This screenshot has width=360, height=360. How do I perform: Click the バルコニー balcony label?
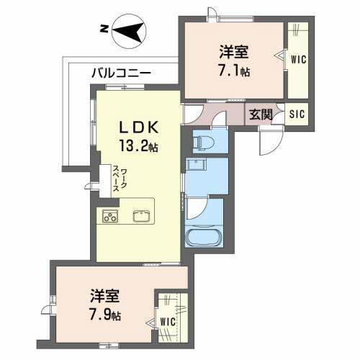[121, 73]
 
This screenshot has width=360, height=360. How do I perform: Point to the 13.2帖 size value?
[139, 144]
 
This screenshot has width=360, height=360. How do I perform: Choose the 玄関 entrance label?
[261, 114]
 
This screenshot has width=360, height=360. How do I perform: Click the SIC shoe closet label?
[297, 114]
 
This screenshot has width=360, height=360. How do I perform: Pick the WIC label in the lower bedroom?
[167, 320]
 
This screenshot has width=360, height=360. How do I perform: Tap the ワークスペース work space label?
[120, 179]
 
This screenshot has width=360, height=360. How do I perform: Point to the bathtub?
[204, 238]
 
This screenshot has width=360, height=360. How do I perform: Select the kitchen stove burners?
[110, 215]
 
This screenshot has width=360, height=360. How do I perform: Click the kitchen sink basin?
[140, 215]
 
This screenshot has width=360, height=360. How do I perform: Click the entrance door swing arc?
[268, 141]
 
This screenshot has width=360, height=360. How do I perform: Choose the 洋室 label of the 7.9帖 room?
[107, 296]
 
